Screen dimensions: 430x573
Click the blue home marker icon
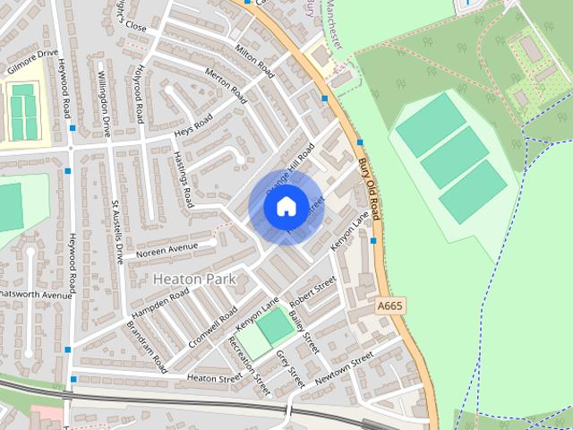(x=285, y=207)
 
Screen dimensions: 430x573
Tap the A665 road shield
(x=389, y=306)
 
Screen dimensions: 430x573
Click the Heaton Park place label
(x=194, y=279)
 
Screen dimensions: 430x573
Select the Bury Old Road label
(x=370, y=190)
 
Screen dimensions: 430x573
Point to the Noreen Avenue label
(x=167, y=248)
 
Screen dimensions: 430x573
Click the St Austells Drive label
(x=116, y=231)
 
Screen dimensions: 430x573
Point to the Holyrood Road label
(x=140, y=93)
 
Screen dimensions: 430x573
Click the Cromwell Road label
(x=213, y=329)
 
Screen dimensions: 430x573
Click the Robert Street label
(x=312, y=291)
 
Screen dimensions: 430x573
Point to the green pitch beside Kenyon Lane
(x=276, y=324)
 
